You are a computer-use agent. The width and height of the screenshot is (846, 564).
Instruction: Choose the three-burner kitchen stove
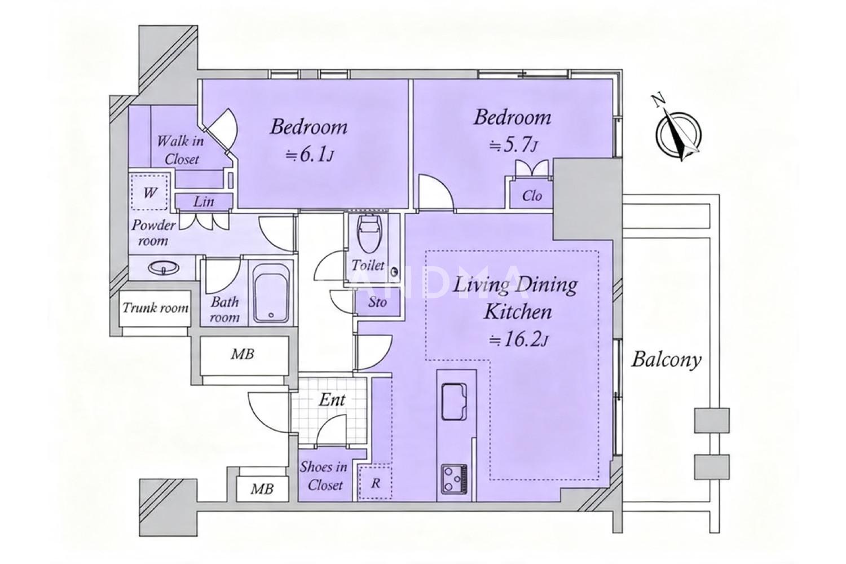pyautogui.click(x=455, y=479)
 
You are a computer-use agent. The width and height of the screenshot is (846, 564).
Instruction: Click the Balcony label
pyautogui.click(x=666, y=359)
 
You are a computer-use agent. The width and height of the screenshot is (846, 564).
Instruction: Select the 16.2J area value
pyautogui.click(x=518, y=340)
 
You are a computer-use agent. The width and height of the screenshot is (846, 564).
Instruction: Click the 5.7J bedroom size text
pyautogui.click(x=513, y=145)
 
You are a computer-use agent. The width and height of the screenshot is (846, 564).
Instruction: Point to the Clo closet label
pyautogui.click(x=532, y=196)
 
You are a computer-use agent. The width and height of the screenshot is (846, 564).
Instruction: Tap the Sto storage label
pyautogui.click(x=378, y=302)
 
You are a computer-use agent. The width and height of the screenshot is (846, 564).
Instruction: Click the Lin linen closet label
pyautogui.click(x=204, y=202)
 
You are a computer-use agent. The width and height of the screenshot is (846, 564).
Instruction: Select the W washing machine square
pyautogui.click(x=149, y=192)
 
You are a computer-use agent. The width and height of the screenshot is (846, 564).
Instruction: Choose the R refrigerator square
pyautogui.click(x=375, y=483)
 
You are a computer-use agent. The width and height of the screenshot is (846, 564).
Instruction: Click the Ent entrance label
pyautogui.click(x=332, y=400)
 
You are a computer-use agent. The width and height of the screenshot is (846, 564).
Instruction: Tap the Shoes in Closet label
pyautogui.click(x=324, y=476)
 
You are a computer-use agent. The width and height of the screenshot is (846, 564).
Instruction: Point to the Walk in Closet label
pyautogui.click(x=180, y=150)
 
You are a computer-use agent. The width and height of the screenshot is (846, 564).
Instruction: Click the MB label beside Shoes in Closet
pyautogui.click(x=262, y=489)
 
